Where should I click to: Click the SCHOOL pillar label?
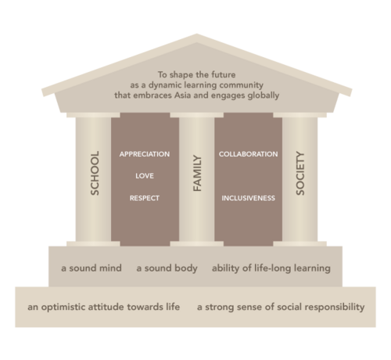95,173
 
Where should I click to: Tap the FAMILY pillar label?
197,174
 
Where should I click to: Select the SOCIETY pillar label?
300,173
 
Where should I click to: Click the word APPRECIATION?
145,154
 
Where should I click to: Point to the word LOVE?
145,176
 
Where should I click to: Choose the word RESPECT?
145,198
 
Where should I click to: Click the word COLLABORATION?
248,154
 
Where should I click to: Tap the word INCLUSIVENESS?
248,198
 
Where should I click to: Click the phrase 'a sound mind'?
91,268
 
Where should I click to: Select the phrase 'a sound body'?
167,268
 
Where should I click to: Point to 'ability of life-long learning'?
271,268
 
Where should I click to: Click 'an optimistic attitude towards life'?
103,307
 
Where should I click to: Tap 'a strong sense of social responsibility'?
281,307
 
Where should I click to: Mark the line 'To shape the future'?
196,75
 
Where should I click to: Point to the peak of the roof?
196,34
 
